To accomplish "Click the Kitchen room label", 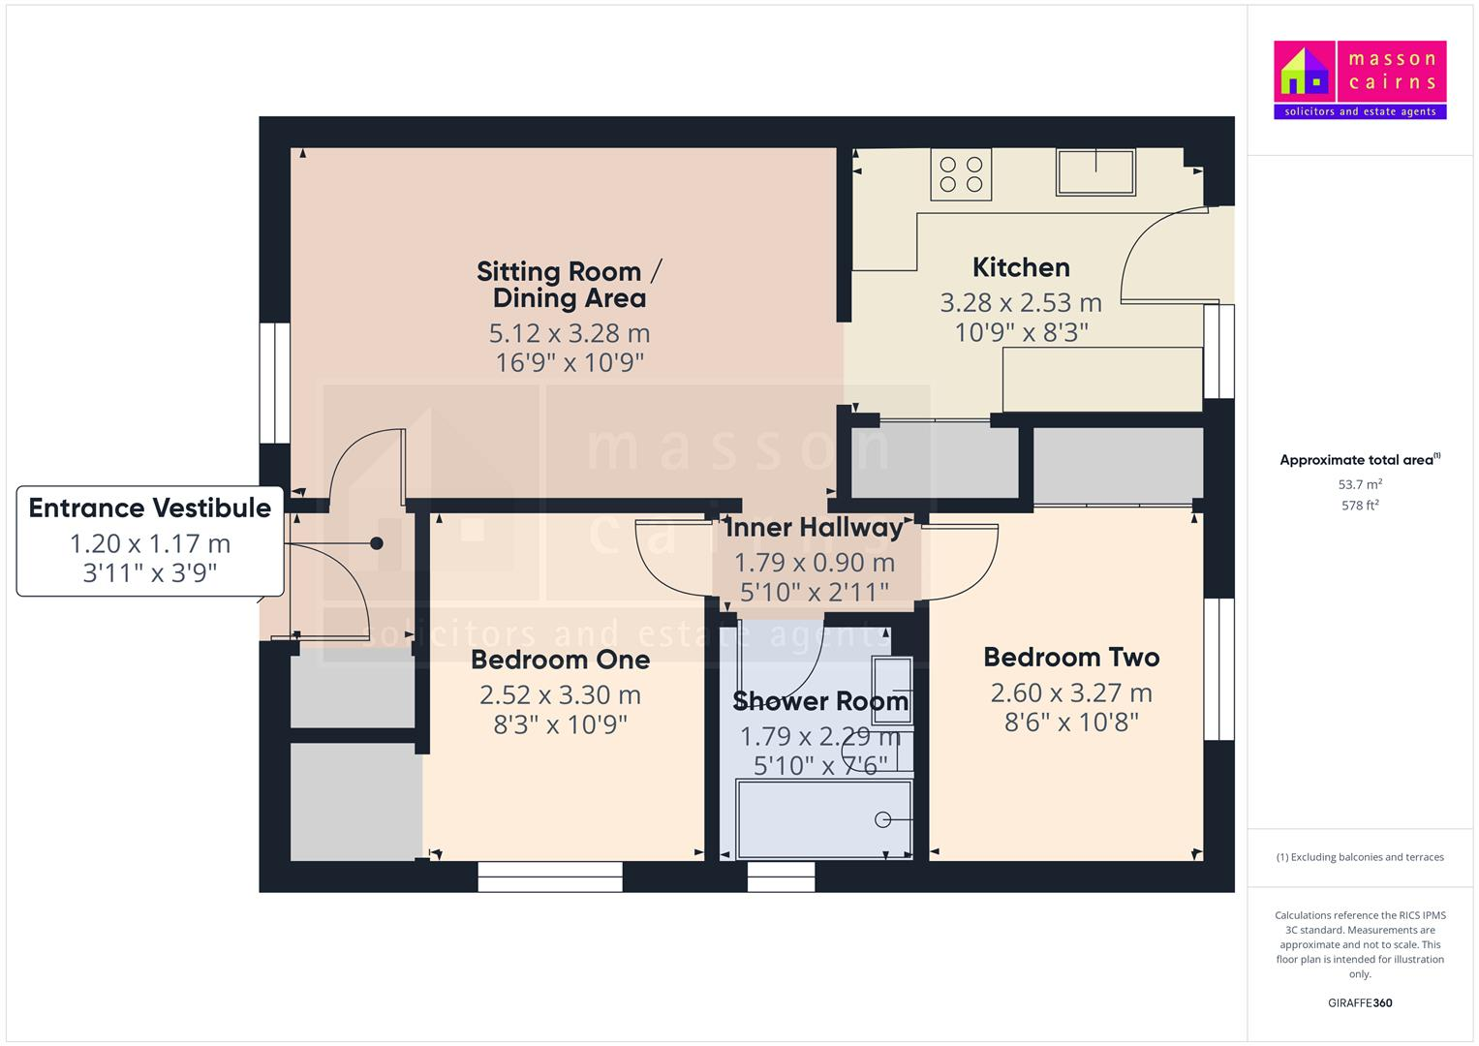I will click(x=1021, y=267).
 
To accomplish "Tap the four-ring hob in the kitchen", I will click(x=961, y=174).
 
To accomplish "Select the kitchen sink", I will click(x=1096, y=171).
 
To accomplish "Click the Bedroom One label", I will click(x=560, y=660).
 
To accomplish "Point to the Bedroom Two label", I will click(x=1071, y=658).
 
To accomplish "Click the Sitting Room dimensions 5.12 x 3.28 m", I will click(x=570, y=333).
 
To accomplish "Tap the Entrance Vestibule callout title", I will click(x=150, y=508).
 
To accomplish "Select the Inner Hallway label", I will click(x=814, y=528).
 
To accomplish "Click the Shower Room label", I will click(x=820, y=701).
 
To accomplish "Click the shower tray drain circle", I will click(x=882, y=819).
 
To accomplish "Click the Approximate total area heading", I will click(x=1358, y=460).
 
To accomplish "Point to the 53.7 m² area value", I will click(x=1360, y=484).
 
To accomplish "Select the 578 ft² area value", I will click(x=1360, y=506).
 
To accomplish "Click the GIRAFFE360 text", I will click(x=1360, y=1002).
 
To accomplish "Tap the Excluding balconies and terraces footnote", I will click(x=1360, y=857).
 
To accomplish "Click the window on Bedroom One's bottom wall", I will click(x=550, y=877).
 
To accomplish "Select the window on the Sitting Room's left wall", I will click(x=274, y=383).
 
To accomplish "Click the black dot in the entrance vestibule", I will click(x=377, y=543).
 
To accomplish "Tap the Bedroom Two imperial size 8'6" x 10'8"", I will click(x=1071, y=723).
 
